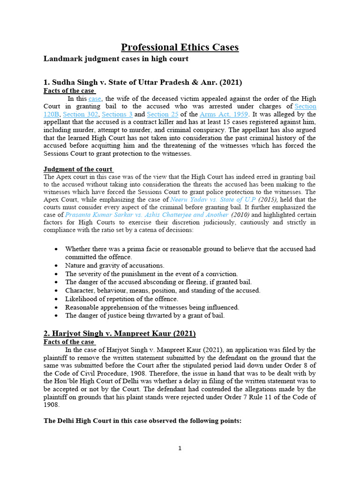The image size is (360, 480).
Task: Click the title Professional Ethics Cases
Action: [x=180, y=47]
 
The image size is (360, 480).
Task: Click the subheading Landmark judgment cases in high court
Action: [x=116, y=59]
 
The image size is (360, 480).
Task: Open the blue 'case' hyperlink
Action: [x=95, y=99]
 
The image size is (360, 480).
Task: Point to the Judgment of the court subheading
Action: [x=78, y=169]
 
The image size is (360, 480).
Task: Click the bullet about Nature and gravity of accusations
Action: [x=114, y=265]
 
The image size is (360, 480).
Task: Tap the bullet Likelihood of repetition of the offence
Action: [x=121, y=299]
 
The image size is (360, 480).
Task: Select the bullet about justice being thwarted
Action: [x=145, y=316]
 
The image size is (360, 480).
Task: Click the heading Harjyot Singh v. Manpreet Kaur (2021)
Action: [x=120, y=334]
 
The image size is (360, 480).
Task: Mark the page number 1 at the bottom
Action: [x=180, y=449]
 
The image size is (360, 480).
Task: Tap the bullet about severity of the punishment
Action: [x=151, y=274]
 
